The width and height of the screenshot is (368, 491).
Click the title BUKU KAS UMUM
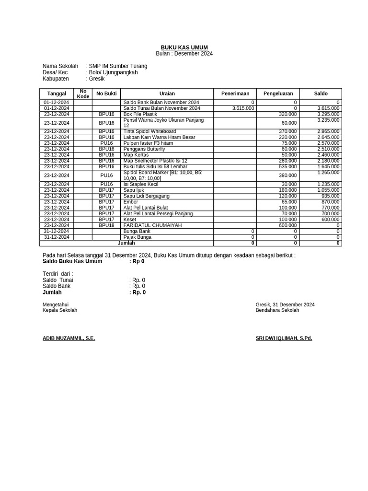[x=184, y=47]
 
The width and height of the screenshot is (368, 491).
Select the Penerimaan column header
[x=235, y=94]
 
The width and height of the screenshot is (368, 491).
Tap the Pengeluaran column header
[x=278, y=94]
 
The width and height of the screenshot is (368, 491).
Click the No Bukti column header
[x=106, y=94]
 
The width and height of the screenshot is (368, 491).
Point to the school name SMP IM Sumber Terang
[x=118, y=66]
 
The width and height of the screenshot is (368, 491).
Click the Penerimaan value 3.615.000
[x=243, y=108]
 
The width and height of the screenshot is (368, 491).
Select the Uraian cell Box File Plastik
[x=140, y=114]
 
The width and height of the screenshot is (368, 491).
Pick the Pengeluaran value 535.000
[x=287, y=166]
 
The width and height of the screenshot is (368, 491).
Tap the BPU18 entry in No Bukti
[x=106, y=225]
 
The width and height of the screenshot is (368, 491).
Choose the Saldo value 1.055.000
[x=328, y=190]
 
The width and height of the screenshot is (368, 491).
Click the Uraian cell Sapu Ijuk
[x=134, y=190]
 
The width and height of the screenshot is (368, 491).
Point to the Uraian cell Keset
[x=130, y=220]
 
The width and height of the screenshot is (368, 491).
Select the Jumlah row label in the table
[x=126, y=243]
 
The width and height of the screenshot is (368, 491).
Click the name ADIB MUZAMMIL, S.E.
[x=69, y=338]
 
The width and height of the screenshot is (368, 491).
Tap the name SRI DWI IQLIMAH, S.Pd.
[x=284, y=338]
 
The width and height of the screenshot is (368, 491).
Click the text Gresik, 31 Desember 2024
[x=285, y=304]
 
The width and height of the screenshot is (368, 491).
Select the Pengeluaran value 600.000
[x=287, y=225]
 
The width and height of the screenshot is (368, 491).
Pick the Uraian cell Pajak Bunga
[x=138, y=237]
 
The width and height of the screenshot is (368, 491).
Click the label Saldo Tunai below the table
[x=57, y=280]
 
